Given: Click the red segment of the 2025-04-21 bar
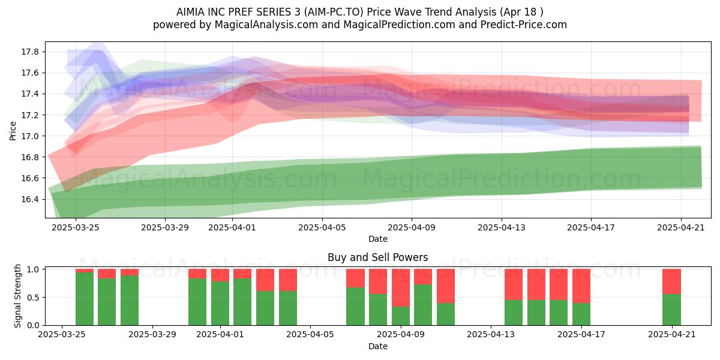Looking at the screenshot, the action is coord(671,281).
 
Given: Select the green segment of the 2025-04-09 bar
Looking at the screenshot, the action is coord(401,316).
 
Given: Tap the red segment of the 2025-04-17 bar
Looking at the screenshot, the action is coord(581,286).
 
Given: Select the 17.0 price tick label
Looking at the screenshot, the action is coord(30,136).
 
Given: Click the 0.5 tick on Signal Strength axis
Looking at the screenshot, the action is coord(33,298).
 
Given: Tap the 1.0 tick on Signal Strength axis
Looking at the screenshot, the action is coord(33,269).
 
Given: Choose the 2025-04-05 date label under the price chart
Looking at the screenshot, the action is coord(322,227).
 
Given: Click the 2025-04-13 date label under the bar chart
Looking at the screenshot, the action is coord(491,335).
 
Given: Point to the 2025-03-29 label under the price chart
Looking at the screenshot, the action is coord(165,227).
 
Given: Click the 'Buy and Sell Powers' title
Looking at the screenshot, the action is coord(378,257).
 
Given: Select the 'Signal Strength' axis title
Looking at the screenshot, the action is coord(17,296).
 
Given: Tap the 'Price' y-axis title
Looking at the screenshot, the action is coord(13,131).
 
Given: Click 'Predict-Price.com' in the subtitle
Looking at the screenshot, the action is coord(524,25).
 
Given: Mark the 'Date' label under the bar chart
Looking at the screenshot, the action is coord(378,346).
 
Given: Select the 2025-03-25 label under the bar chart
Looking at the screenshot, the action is coord(62,335).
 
